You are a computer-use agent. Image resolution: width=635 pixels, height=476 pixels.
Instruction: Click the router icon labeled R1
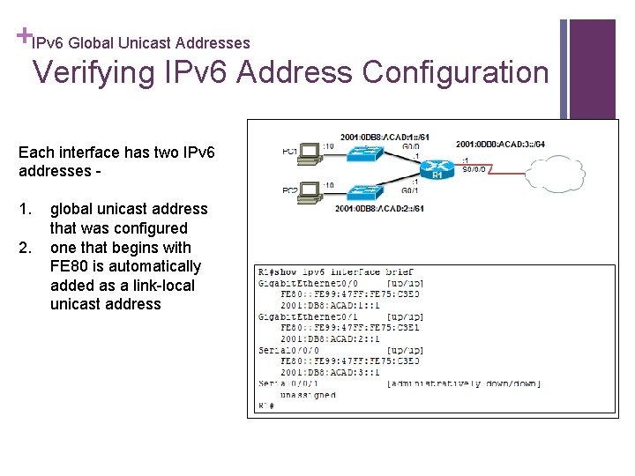click(x=434, y=167)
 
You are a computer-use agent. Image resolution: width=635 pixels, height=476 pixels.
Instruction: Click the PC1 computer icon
click(x=310, y=153)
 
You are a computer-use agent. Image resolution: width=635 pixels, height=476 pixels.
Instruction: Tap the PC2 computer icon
click(x=310, y=191)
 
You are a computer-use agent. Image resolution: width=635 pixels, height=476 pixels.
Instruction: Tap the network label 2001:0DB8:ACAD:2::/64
click(x=380, y=208)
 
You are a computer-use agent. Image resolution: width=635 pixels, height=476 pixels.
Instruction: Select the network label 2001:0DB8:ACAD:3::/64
click(x=500, y=144)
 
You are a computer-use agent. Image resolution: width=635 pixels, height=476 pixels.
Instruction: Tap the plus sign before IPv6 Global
click(x=21, y=36)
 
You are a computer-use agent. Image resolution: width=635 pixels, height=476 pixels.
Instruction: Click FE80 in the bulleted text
click(x=69, y=266)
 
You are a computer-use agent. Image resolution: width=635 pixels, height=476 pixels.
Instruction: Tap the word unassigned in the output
click(x=308, y=395)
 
